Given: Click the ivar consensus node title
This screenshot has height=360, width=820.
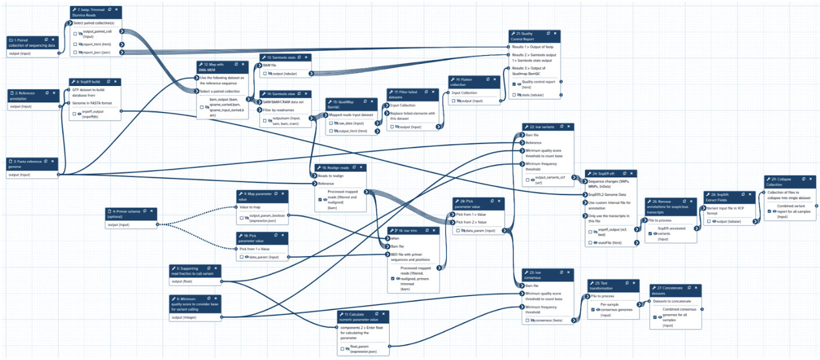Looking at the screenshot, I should (x=534, y=274).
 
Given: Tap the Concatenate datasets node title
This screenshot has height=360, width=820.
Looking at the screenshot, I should (x=670, y=290).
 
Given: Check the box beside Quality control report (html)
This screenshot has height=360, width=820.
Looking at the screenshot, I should (x=515, y=84).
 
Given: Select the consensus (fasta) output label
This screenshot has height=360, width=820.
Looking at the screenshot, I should (x=548, y=320).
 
